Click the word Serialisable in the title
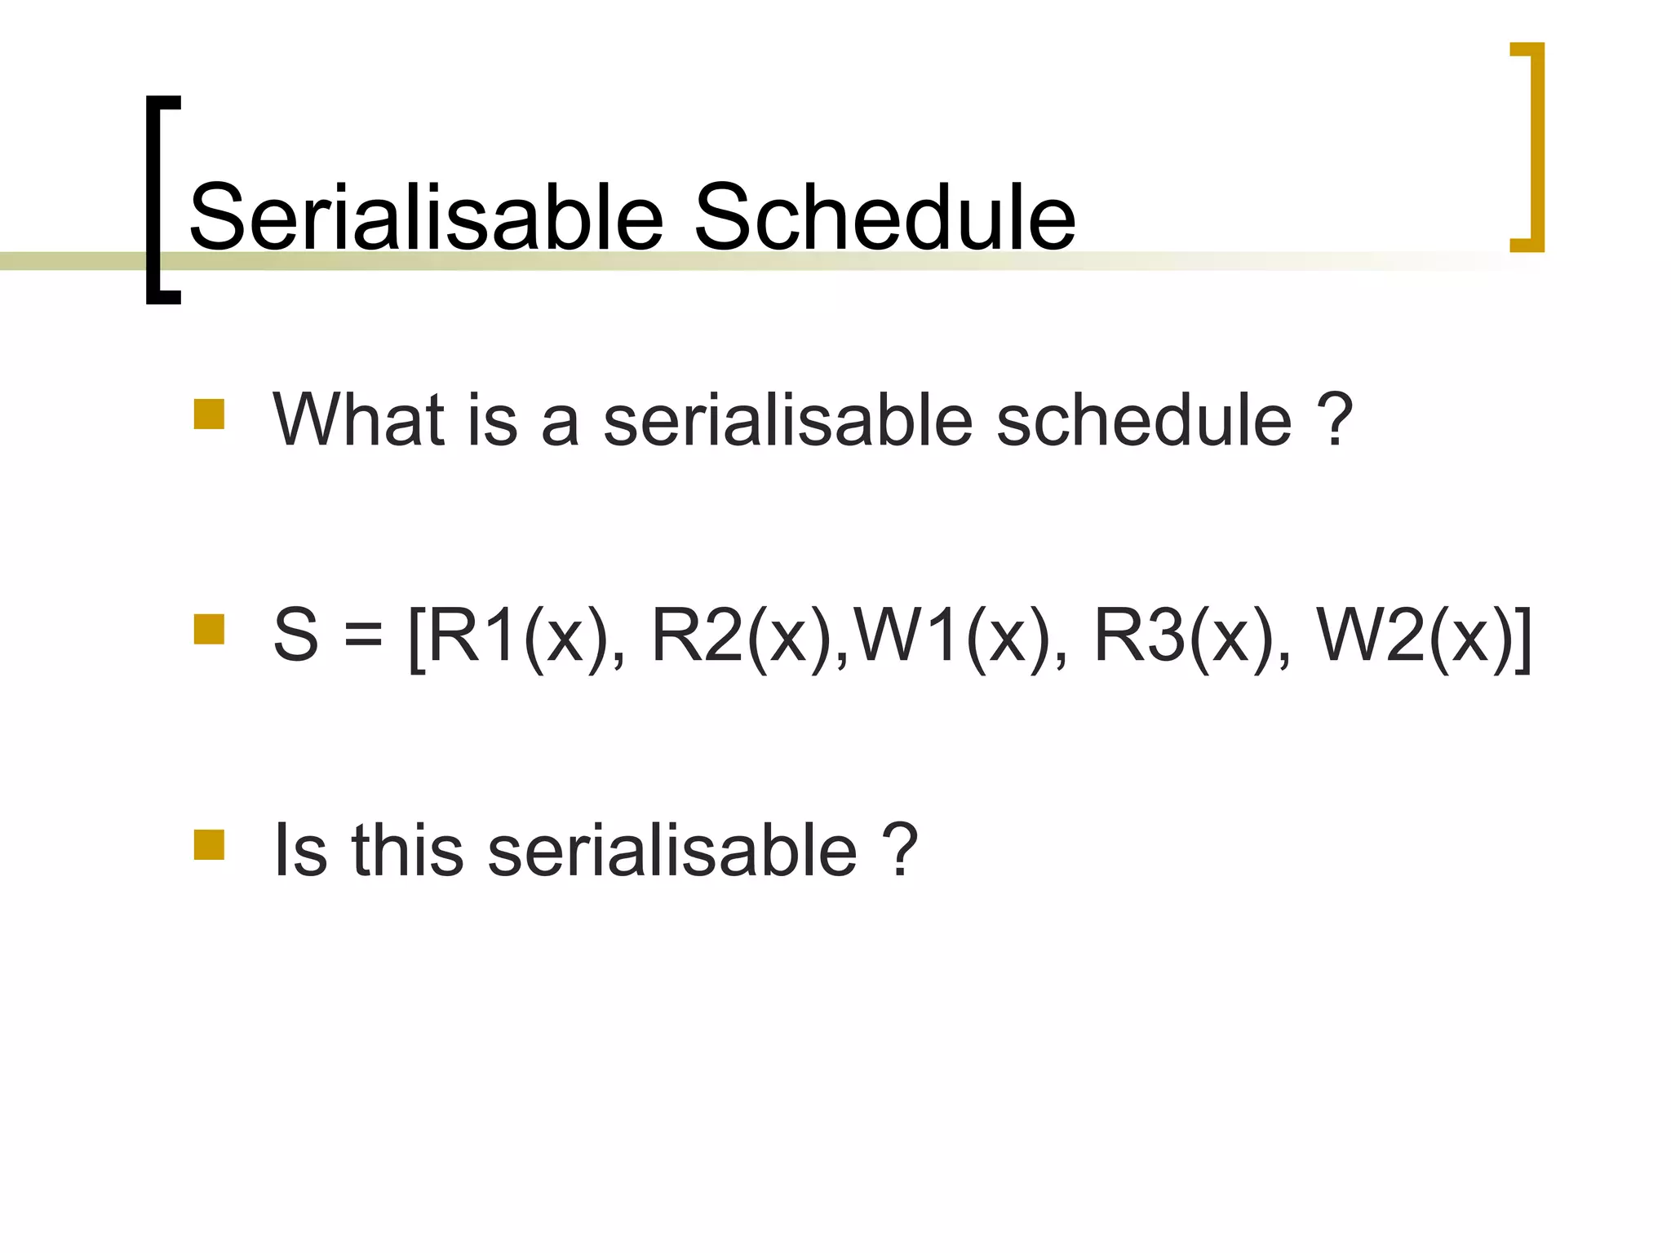pos(426,217)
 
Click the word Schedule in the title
pos(884,217)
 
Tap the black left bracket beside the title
pos(154,200)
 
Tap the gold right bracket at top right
pos(1534,147)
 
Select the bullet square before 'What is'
pos(209,414)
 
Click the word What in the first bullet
pos(359,420)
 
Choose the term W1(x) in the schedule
pos(955,636)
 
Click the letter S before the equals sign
pos(295,636)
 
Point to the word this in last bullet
pos(407,851)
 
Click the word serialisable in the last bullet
pos(672,851)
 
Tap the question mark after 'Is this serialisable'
pos(901,851)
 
